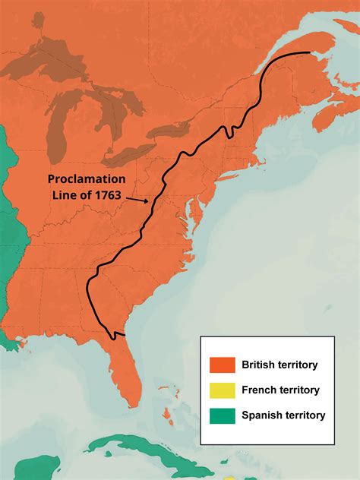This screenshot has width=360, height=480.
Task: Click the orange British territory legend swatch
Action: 223,365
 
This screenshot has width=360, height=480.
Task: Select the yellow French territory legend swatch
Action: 223,390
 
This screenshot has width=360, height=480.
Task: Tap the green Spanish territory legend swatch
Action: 223,415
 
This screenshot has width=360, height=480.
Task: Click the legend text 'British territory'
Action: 279,365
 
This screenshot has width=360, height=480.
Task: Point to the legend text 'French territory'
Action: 280,390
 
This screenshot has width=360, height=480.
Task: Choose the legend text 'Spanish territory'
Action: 283,415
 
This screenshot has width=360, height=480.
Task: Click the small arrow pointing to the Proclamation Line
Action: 138,201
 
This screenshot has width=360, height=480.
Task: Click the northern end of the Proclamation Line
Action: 308,52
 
